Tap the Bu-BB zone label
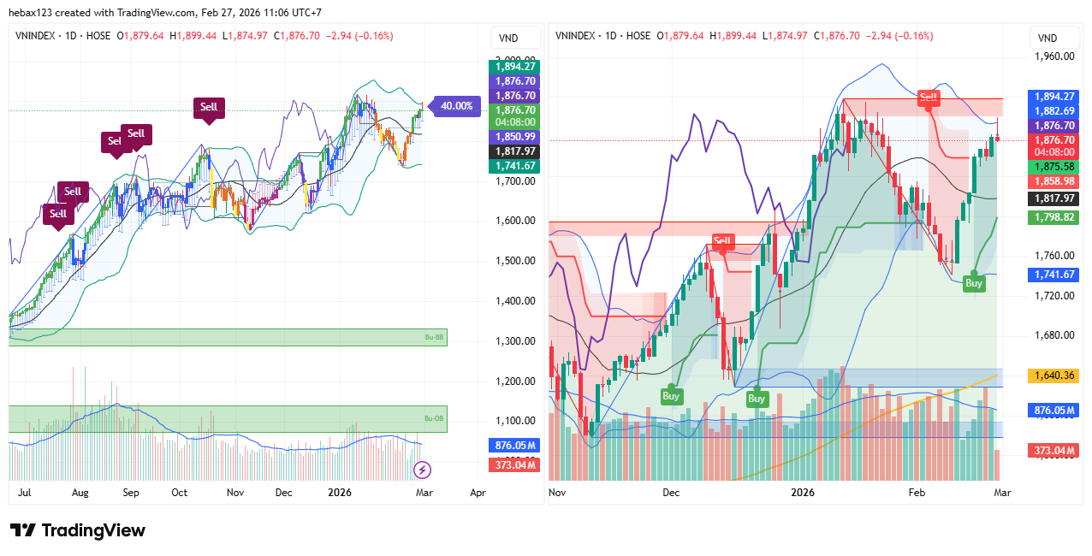tap(435, 337)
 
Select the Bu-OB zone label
tap(435, 418)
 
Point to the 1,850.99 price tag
tap(514, 137)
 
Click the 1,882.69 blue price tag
tap(1053, 110)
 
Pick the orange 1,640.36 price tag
tap(1053, 376)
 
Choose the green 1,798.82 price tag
tap(1053, 218)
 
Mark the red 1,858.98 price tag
tap(1053, 181)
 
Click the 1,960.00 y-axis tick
tap(1053, 56)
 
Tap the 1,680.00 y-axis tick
tap(1053, 335)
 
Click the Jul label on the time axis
tap(25, 494)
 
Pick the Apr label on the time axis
tap(478, 494)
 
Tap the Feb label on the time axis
tap(917, 494)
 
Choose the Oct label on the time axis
tap(179, 494)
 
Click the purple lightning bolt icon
tap(422, 470)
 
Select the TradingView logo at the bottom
tap(78, 530)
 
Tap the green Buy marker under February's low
tap(974, 283)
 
